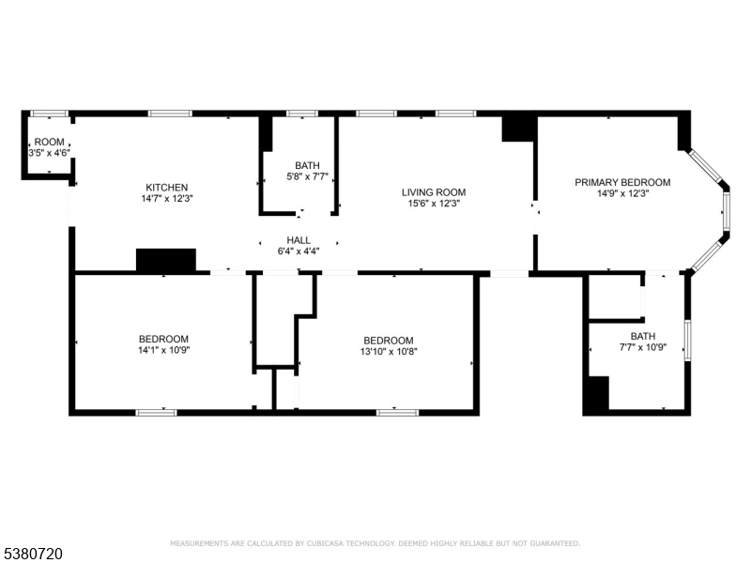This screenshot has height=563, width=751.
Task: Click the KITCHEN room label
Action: pos(167,187)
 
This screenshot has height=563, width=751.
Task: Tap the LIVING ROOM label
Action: pos(434,192)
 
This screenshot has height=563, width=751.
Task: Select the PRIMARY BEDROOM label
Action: pos(622,182)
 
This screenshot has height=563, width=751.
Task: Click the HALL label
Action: pos(299,240)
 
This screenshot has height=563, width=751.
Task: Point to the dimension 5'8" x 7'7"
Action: pos(307,176)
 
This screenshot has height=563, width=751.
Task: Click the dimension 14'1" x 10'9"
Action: pos(163,350)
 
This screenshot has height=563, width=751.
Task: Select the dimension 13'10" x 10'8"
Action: pos(389,352)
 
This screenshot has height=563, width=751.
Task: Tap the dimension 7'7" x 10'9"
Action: pos(643,347)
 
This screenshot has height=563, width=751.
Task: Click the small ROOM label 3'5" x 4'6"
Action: pos(50,147)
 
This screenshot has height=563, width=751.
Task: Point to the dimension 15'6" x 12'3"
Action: pos(434,204)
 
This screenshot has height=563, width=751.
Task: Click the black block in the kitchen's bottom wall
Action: pos(166,260)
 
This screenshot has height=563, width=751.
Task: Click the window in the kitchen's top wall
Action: pos(170,114)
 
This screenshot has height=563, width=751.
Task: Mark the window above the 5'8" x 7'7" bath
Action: pos(302,114)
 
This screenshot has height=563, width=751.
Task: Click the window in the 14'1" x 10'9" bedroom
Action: pos(156,413)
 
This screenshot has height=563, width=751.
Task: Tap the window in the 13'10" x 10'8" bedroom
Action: pos(397,413)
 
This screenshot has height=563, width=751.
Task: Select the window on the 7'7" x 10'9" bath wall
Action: pos(688,341)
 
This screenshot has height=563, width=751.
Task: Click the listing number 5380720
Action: pos(32,554)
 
